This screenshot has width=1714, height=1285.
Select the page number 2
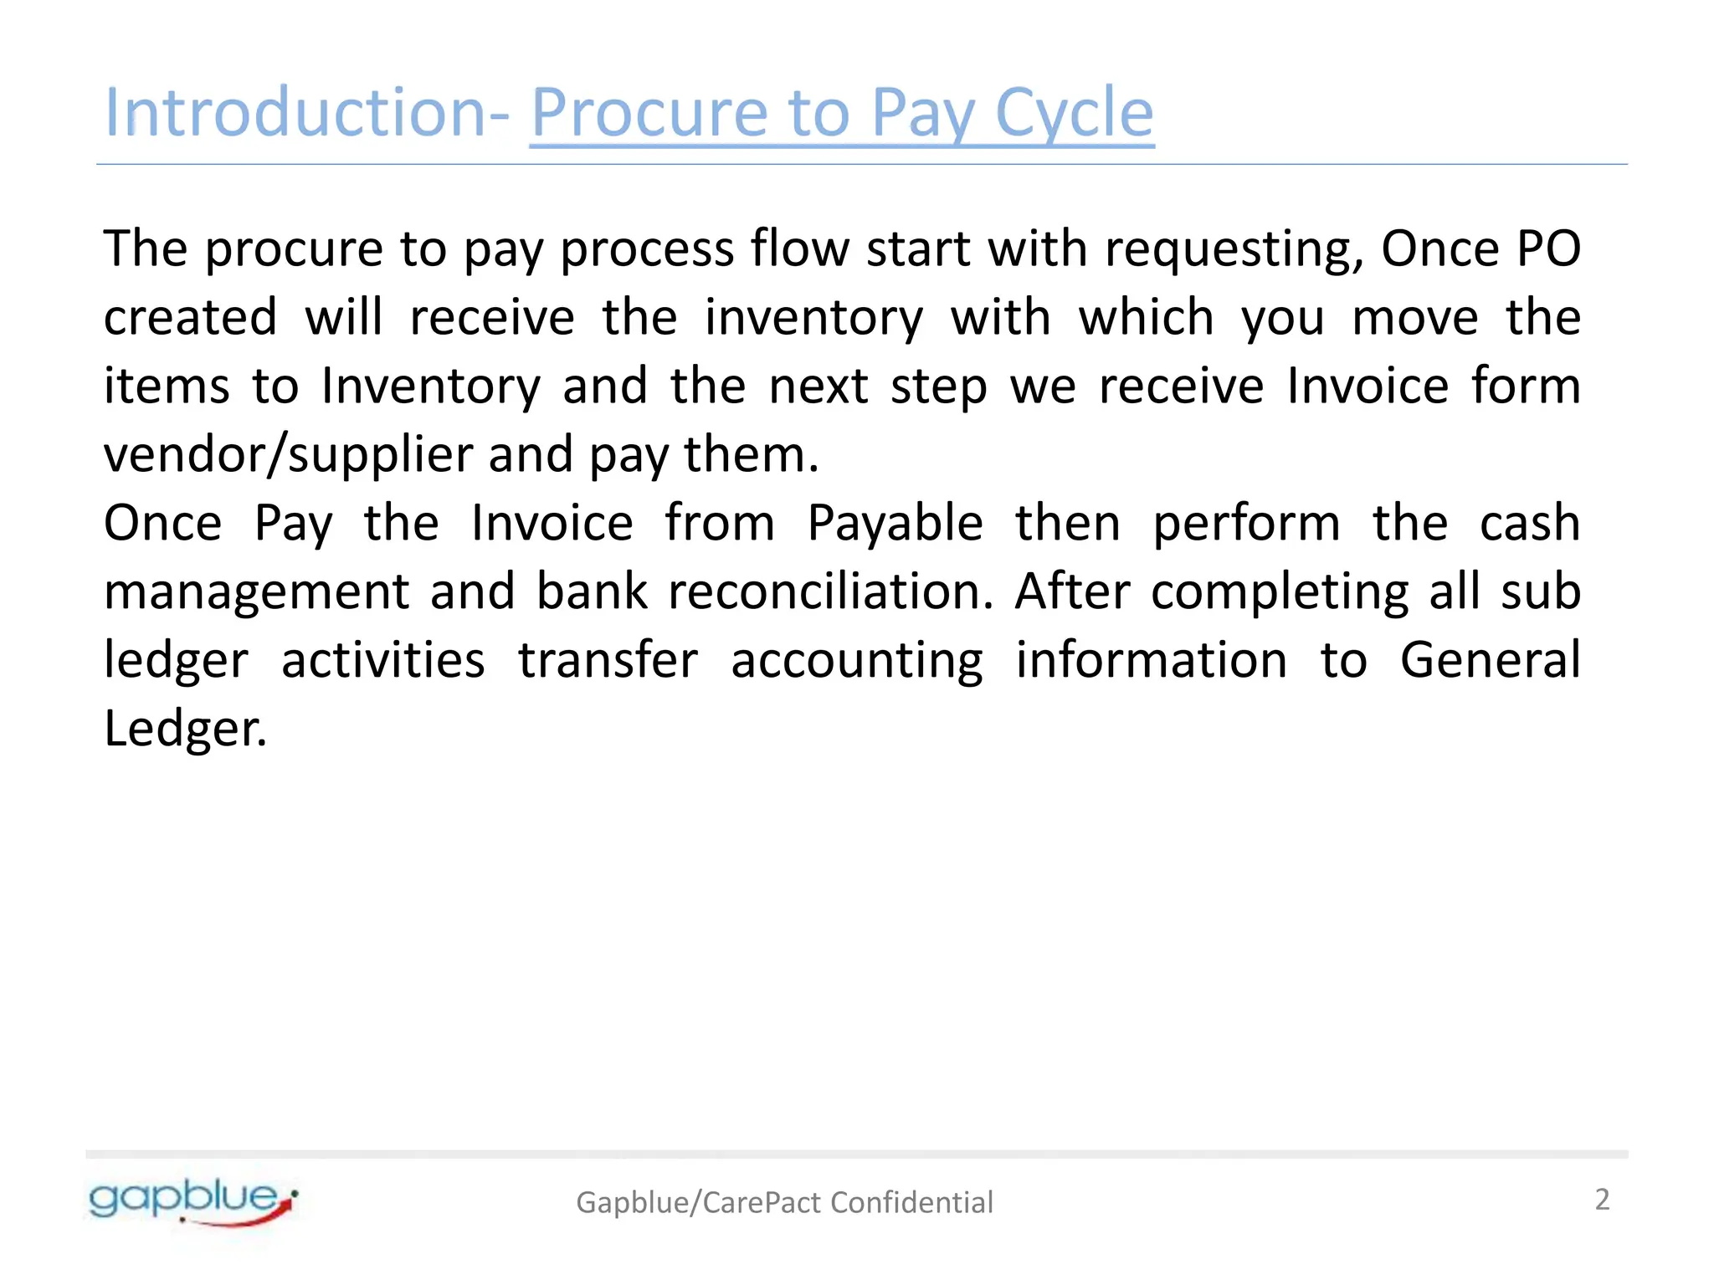[1602, 1200]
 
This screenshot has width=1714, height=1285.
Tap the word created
[190, 318]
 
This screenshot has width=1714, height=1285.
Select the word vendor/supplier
[289, 456]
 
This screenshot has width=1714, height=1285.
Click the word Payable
[895, 524]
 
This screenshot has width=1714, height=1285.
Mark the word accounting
[857, 662]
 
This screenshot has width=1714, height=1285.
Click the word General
[1490, 660]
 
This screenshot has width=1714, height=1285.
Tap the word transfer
[608, 660]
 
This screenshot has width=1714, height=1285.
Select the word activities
[382, 660]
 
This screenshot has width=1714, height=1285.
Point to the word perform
[1246, 525]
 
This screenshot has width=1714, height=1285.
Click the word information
[1152, 660]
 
